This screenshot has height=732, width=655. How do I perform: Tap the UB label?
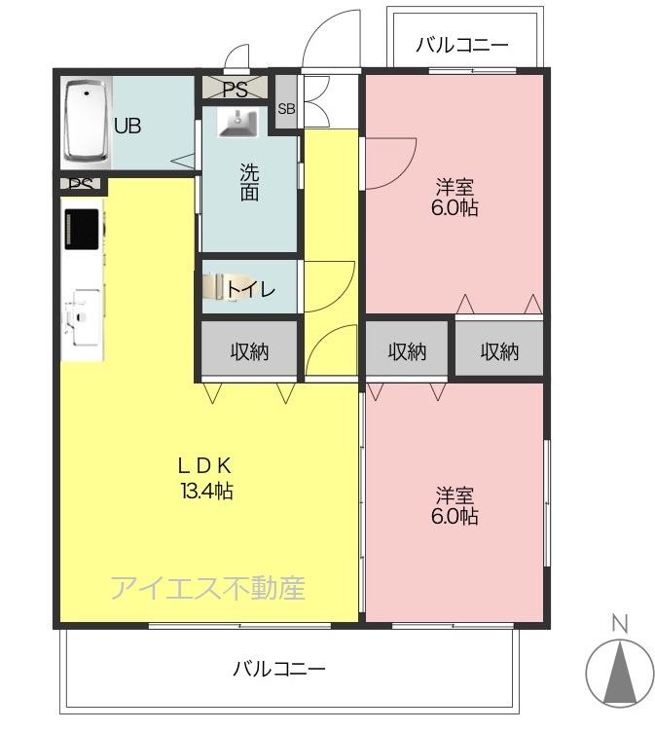[x=127, y=126]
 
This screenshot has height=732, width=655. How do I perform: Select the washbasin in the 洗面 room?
[x=238, y=123]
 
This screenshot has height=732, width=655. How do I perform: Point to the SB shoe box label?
[x=287, y=109]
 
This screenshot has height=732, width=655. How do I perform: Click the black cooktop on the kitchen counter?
[x=81, y=229]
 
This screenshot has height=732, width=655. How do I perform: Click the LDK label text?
[x=205, y=465]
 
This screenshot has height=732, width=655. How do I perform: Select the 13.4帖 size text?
[x=207, y=491]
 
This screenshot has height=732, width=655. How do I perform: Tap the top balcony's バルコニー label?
[x=461, y=46]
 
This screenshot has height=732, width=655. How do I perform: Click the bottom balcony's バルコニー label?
[x=278, y=669]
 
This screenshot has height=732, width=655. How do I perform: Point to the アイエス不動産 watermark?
[x=208, y=588]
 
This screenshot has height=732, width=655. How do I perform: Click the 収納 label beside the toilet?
[x=249, y=351]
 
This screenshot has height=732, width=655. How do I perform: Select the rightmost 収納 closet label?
[x=499, y=351]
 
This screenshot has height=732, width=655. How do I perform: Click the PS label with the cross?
[x=235, y=90]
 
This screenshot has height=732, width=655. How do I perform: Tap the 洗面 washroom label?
[x=249, y=182]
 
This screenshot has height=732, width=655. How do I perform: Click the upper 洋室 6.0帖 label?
[x=455, y=197]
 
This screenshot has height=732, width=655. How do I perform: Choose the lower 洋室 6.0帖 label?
[x=455, y=505]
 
